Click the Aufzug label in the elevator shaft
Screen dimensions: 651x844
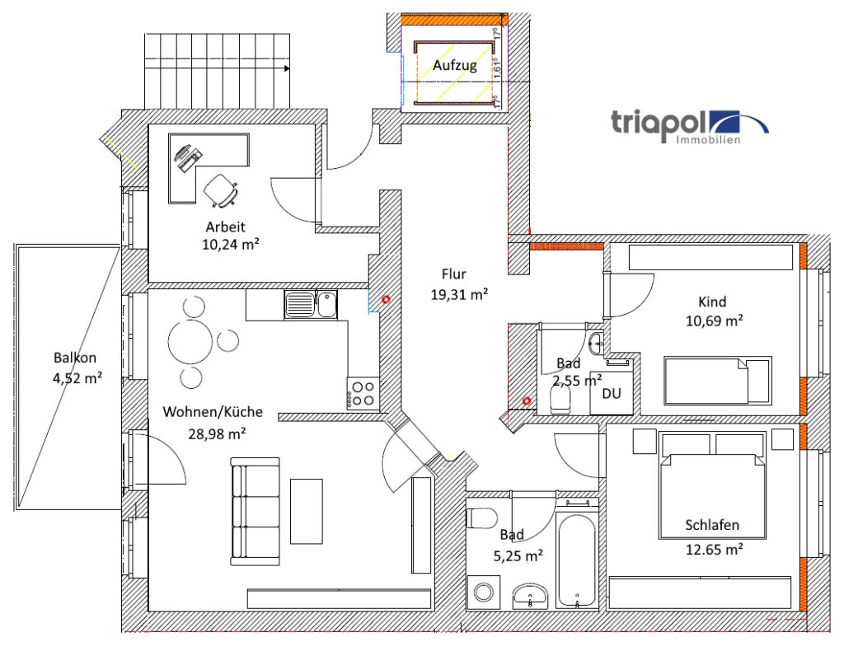point(455,67)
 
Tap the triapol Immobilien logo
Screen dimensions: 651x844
point(689,126)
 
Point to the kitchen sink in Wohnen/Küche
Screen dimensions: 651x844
point(311,305)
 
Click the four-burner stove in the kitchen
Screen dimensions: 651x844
point(363,392)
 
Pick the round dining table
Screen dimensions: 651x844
point(193,339)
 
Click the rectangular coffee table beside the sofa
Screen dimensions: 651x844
point(306,511)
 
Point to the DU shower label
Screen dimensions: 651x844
point(611,394)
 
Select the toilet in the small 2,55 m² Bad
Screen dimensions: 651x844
point(560,400)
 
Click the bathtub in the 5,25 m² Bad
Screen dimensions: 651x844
point(577,560)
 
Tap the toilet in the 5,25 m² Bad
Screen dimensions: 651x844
point(481,518)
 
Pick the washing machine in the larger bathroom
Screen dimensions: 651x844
point(482,592)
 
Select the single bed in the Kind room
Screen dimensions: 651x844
point(717,380)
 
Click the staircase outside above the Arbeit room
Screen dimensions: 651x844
point(218,70)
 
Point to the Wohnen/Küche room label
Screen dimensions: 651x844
point(204,412)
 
